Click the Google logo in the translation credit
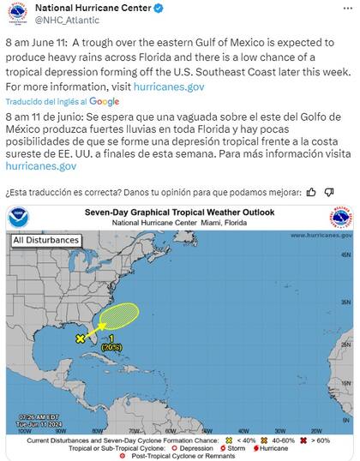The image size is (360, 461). [x=105, y=101]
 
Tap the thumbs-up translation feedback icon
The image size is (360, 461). [x=311, y=191]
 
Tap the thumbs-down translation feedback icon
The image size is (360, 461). [x=330, y=191]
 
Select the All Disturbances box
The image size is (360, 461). [x=43, y=241]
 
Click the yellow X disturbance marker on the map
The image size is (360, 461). [x=80, y=339]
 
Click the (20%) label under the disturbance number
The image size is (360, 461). [x=111, y=347]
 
